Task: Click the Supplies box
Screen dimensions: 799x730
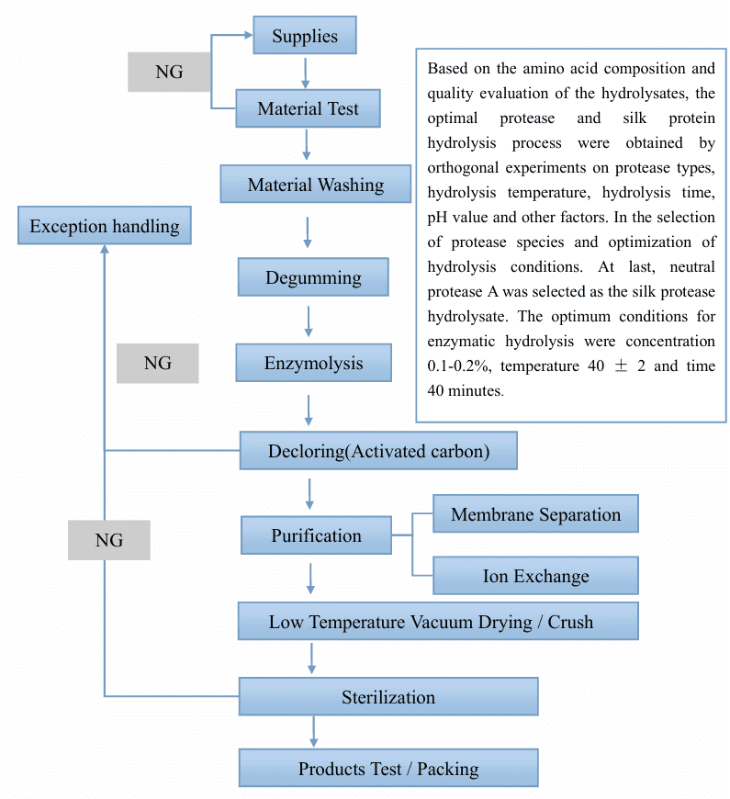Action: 305,37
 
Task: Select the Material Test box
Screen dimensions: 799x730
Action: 308,109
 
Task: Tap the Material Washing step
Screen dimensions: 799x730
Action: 315,185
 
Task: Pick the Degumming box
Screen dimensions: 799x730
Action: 313,277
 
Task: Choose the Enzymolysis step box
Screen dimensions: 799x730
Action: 313,363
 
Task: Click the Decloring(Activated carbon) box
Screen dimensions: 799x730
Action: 378,451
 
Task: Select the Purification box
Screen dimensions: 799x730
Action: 316,535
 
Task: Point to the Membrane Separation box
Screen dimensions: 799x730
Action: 535,514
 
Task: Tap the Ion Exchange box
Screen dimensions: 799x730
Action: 535,576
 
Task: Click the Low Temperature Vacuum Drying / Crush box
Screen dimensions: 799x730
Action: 437,622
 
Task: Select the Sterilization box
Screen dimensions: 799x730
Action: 388,696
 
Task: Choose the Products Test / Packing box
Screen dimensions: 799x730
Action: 388,769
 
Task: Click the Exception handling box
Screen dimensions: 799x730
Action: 105,226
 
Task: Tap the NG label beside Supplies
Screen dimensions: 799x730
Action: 169,72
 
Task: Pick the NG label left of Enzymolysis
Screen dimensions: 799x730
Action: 157,364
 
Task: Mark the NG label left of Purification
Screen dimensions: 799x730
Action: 108,540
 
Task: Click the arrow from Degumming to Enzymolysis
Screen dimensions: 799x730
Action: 309,320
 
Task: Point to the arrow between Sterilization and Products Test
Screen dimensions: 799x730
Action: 314,731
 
